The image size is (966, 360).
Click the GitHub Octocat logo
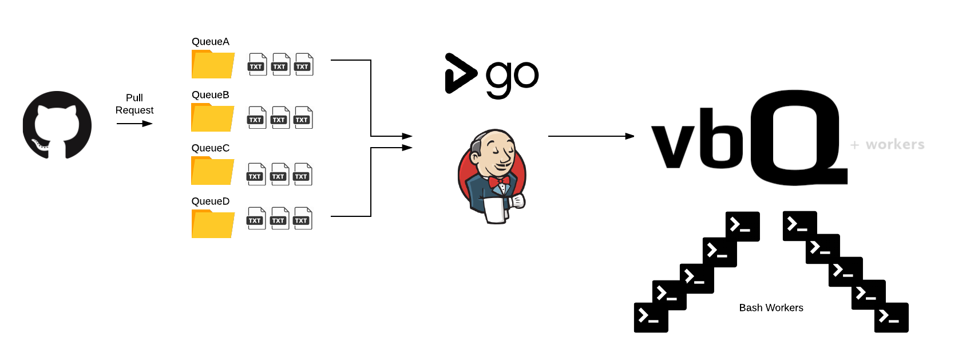coord(57,125)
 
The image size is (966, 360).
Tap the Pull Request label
coord(134,104)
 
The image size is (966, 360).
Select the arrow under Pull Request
coord(134,124)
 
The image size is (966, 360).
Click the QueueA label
coord(211,42)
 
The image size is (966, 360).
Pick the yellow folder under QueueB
coord(212,118)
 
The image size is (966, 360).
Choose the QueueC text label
coord(211,148)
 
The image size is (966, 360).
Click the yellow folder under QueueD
coord(213,224)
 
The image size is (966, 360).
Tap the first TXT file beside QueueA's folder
coord(257,65)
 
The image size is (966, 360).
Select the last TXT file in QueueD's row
coord(303,219)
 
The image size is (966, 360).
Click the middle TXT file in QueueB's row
coord(280,118)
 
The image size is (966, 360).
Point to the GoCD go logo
coord(492,76)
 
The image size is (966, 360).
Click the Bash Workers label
coord(771,308)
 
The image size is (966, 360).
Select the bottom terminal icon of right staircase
coord(891,318)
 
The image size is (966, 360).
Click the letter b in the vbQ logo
coord(722,139)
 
